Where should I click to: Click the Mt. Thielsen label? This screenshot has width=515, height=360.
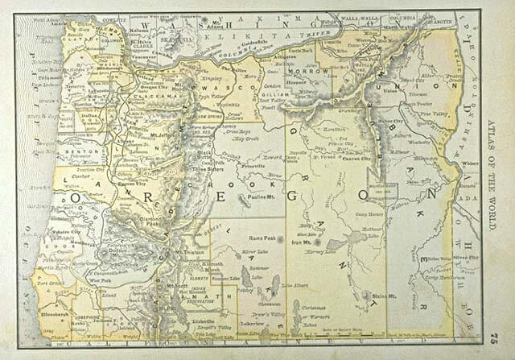189,251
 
